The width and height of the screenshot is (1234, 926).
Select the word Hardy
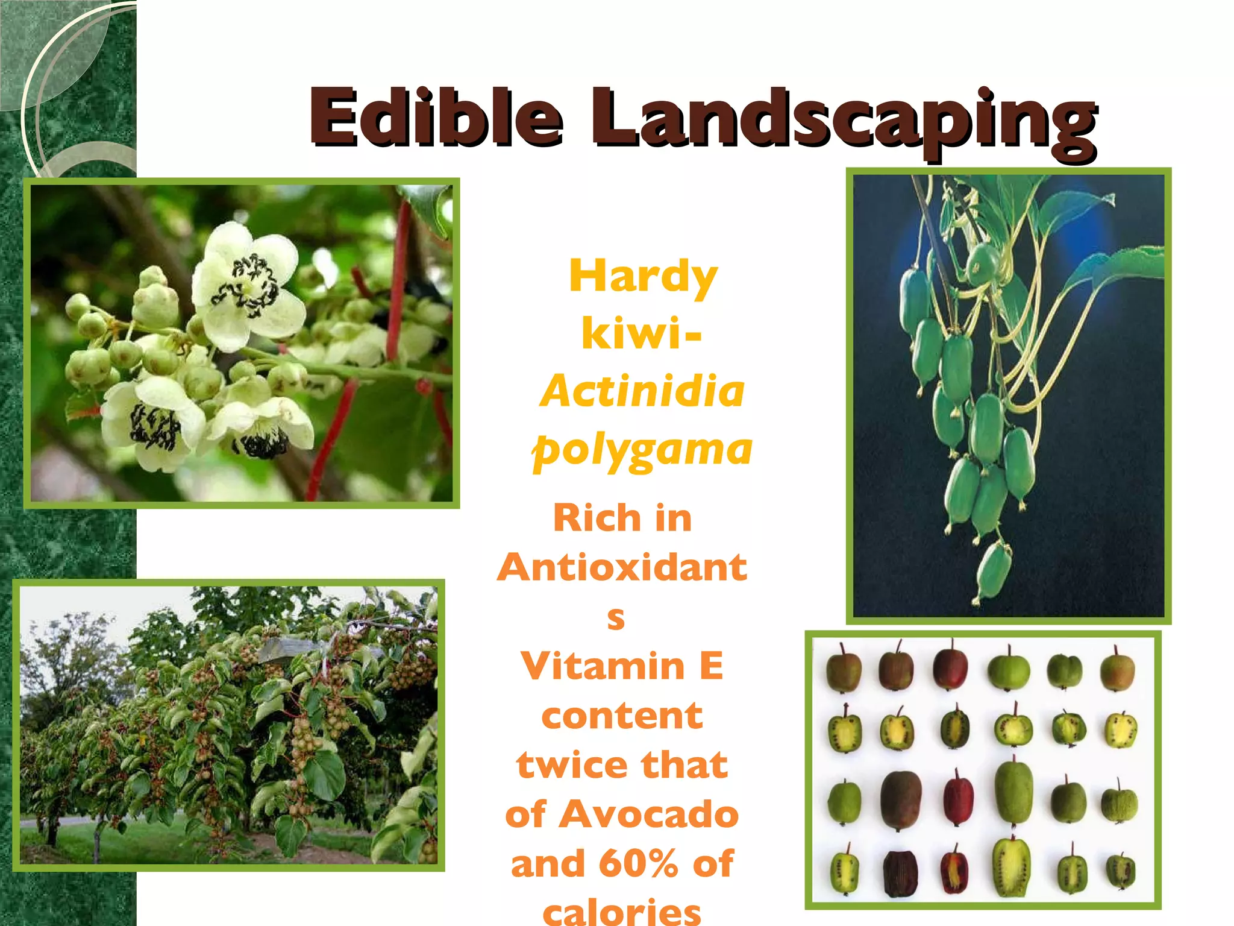[643, 277]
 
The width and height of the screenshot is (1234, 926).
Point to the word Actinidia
[642, 391]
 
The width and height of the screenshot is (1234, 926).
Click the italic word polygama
[642, 450]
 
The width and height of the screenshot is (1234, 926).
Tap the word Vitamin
[603, 666]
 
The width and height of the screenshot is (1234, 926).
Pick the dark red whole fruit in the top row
[950, 669]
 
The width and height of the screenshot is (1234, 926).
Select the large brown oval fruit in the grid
[901, 801]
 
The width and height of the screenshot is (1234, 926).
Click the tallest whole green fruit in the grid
[1013, 792]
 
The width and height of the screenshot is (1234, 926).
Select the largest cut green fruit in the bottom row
[1012, 866]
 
